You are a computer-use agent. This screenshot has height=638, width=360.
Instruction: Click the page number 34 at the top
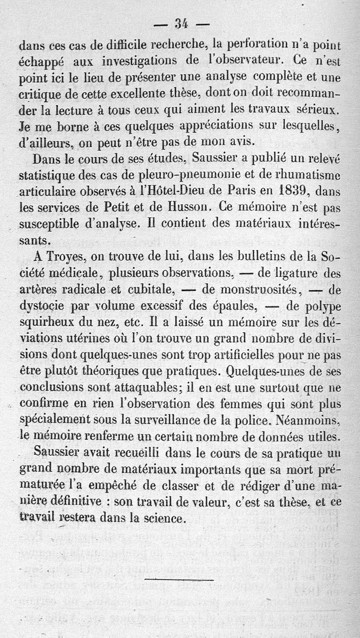pyautogui.click(x=180, y=24)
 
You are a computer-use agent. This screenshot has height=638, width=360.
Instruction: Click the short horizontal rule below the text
pyautogui.click(x=179, y=579)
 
